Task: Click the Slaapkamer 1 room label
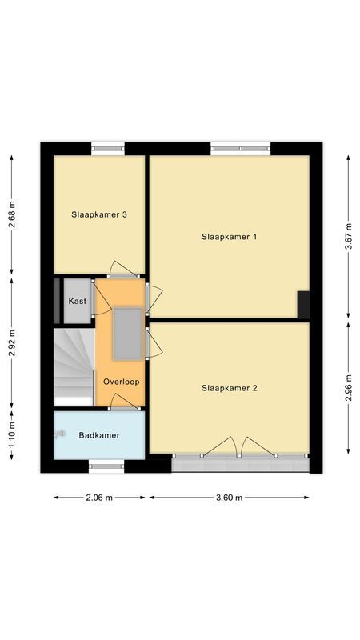coord(229,237)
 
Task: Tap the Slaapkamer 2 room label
coord(229,389)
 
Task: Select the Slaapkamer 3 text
coord(99,214)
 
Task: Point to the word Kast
coord(78,302)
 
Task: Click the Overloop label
coord(121,382)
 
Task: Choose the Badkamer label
coord(99,435)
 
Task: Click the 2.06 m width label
coord(99,497)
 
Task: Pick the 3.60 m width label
coord(229,497)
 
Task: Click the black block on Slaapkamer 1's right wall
coord(303,305)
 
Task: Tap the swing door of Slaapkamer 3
coord(124,270)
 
